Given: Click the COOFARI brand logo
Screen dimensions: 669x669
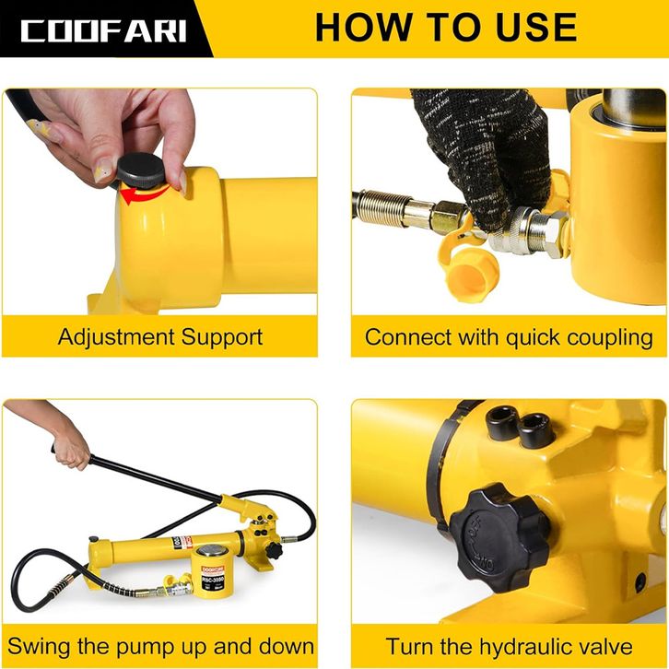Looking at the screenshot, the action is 104,30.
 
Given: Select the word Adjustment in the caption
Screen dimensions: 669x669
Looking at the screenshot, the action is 116,337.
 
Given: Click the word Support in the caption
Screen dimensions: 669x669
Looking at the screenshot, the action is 222,338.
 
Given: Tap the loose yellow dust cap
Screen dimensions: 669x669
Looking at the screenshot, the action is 472,274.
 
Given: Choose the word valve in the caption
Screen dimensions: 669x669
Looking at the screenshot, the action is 607,647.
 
